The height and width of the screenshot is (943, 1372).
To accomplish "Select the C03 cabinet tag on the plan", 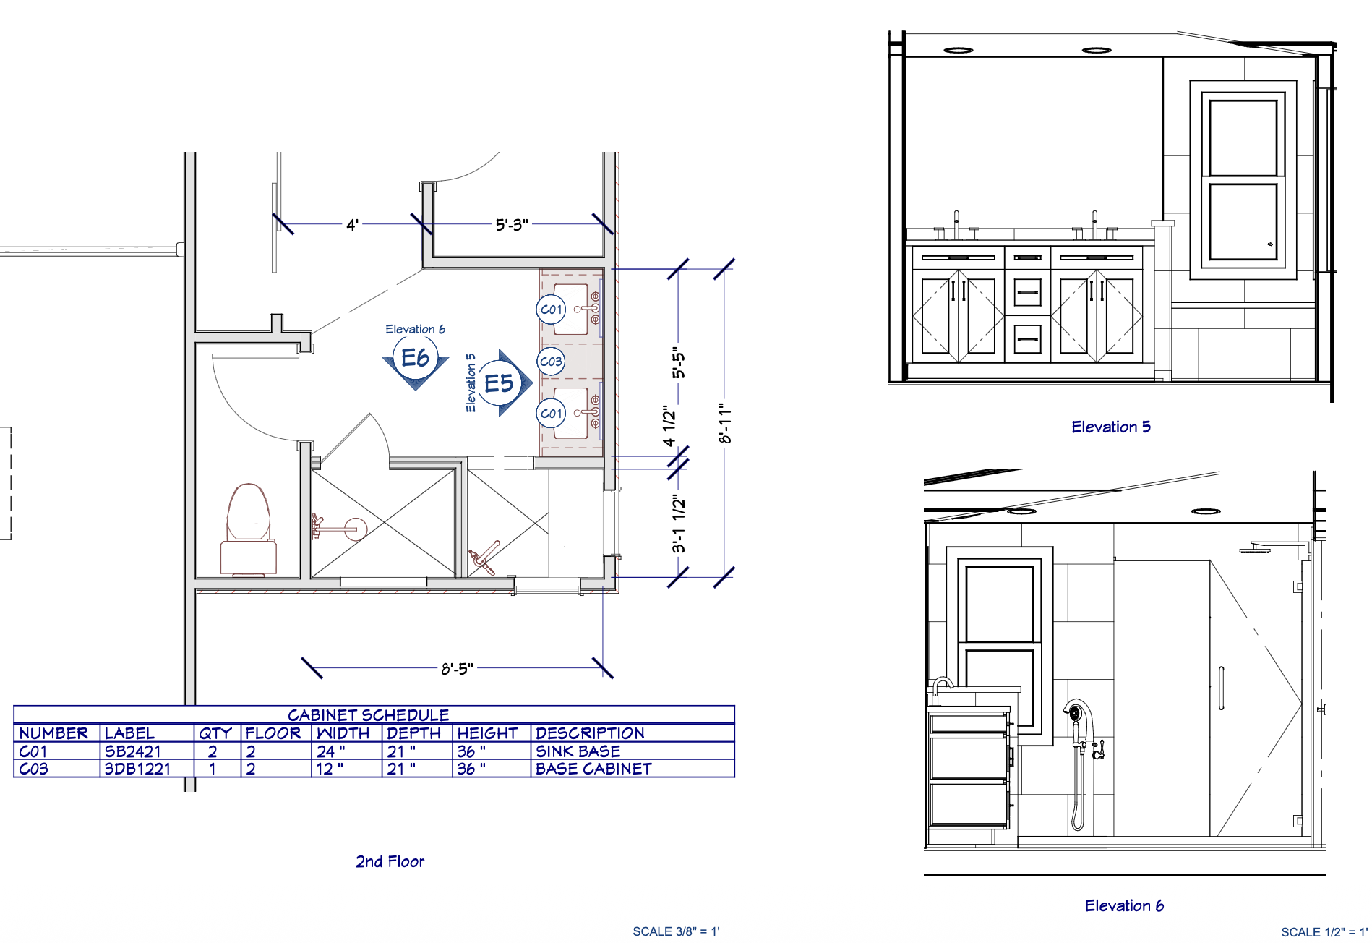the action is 551,362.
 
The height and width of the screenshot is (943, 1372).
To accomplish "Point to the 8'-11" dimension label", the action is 725,424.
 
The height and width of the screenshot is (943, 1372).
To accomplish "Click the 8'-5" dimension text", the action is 458,669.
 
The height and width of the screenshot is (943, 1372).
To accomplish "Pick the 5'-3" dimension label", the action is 512,225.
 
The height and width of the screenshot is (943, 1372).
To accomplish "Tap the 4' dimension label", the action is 352,225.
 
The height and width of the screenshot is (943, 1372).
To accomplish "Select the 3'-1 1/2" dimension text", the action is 678,524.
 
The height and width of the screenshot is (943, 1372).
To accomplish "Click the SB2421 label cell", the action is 133,751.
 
